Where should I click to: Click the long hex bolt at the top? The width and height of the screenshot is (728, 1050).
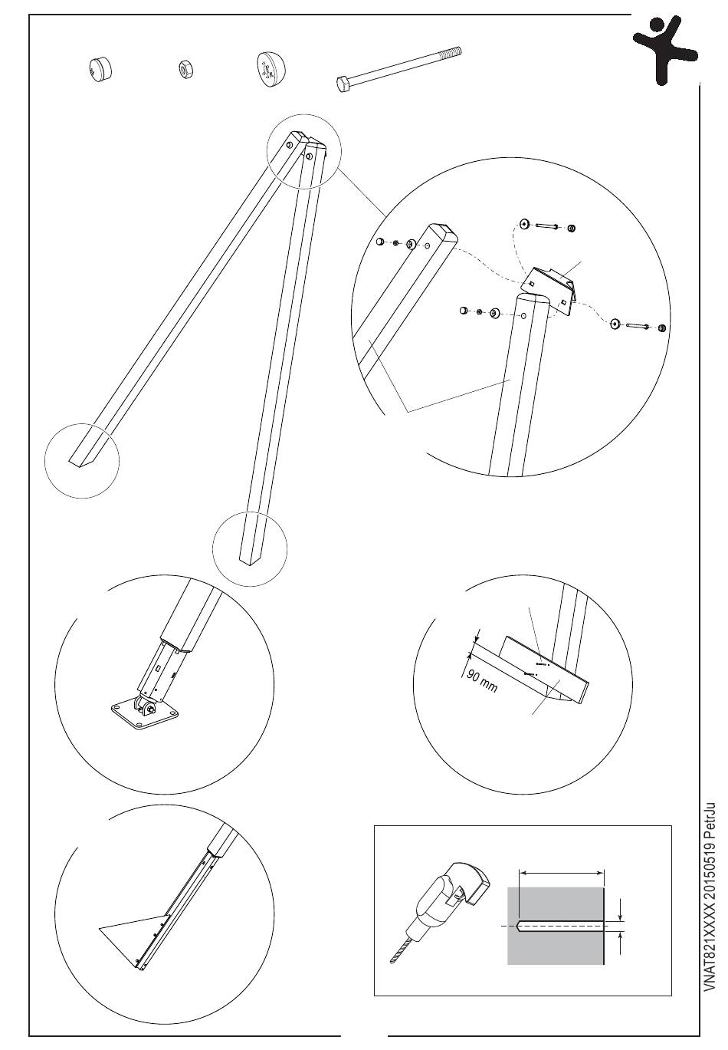[x=398, y=68]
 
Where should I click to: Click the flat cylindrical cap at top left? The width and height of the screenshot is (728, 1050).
[x=101, y=69]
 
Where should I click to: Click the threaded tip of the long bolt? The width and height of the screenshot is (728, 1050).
[x=453, y=50]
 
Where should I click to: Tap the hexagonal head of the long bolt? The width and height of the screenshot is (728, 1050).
[x=343, y=84]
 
